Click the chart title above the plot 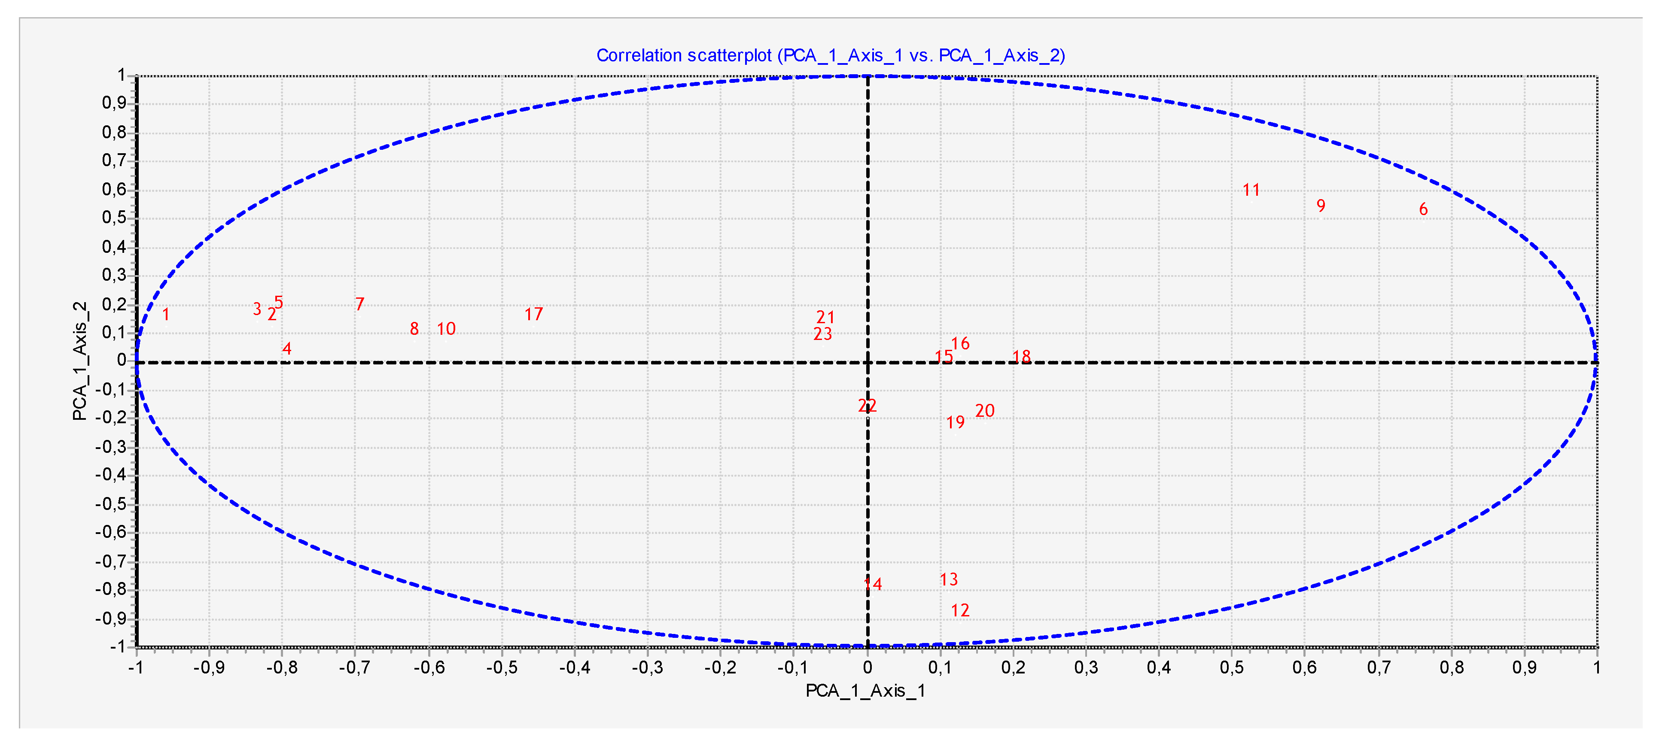pos(831,56)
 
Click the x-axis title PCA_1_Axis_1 pos(865,691)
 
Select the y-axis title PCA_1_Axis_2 pos(80,361)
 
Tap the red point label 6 pos(1423,209)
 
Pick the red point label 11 pos(1251,190)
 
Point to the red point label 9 pos(1321,206)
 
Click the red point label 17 pos(533,314)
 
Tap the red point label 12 pos(960,610)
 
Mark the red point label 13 pos(948,579)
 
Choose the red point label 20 pos(985,411)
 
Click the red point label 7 pos(360,304)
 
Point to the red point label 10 pos(446,329)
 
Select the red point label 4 pos(287,349)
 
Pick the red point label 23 pos(823,334)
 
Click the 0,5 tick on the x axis pos(1232,667)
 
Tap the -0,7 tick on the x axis pos(354,667)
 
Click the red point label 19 pos(955,422)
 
